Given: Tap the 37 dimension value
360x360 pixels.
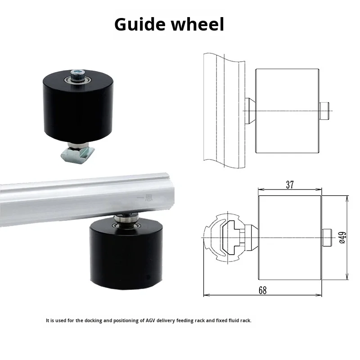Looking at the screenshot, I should point(290,185).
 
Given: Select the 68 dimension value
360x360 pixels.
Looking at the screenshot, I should point(262,290).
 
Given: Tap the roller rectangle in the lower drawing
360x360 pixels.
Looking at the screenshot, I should point(290,237).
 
